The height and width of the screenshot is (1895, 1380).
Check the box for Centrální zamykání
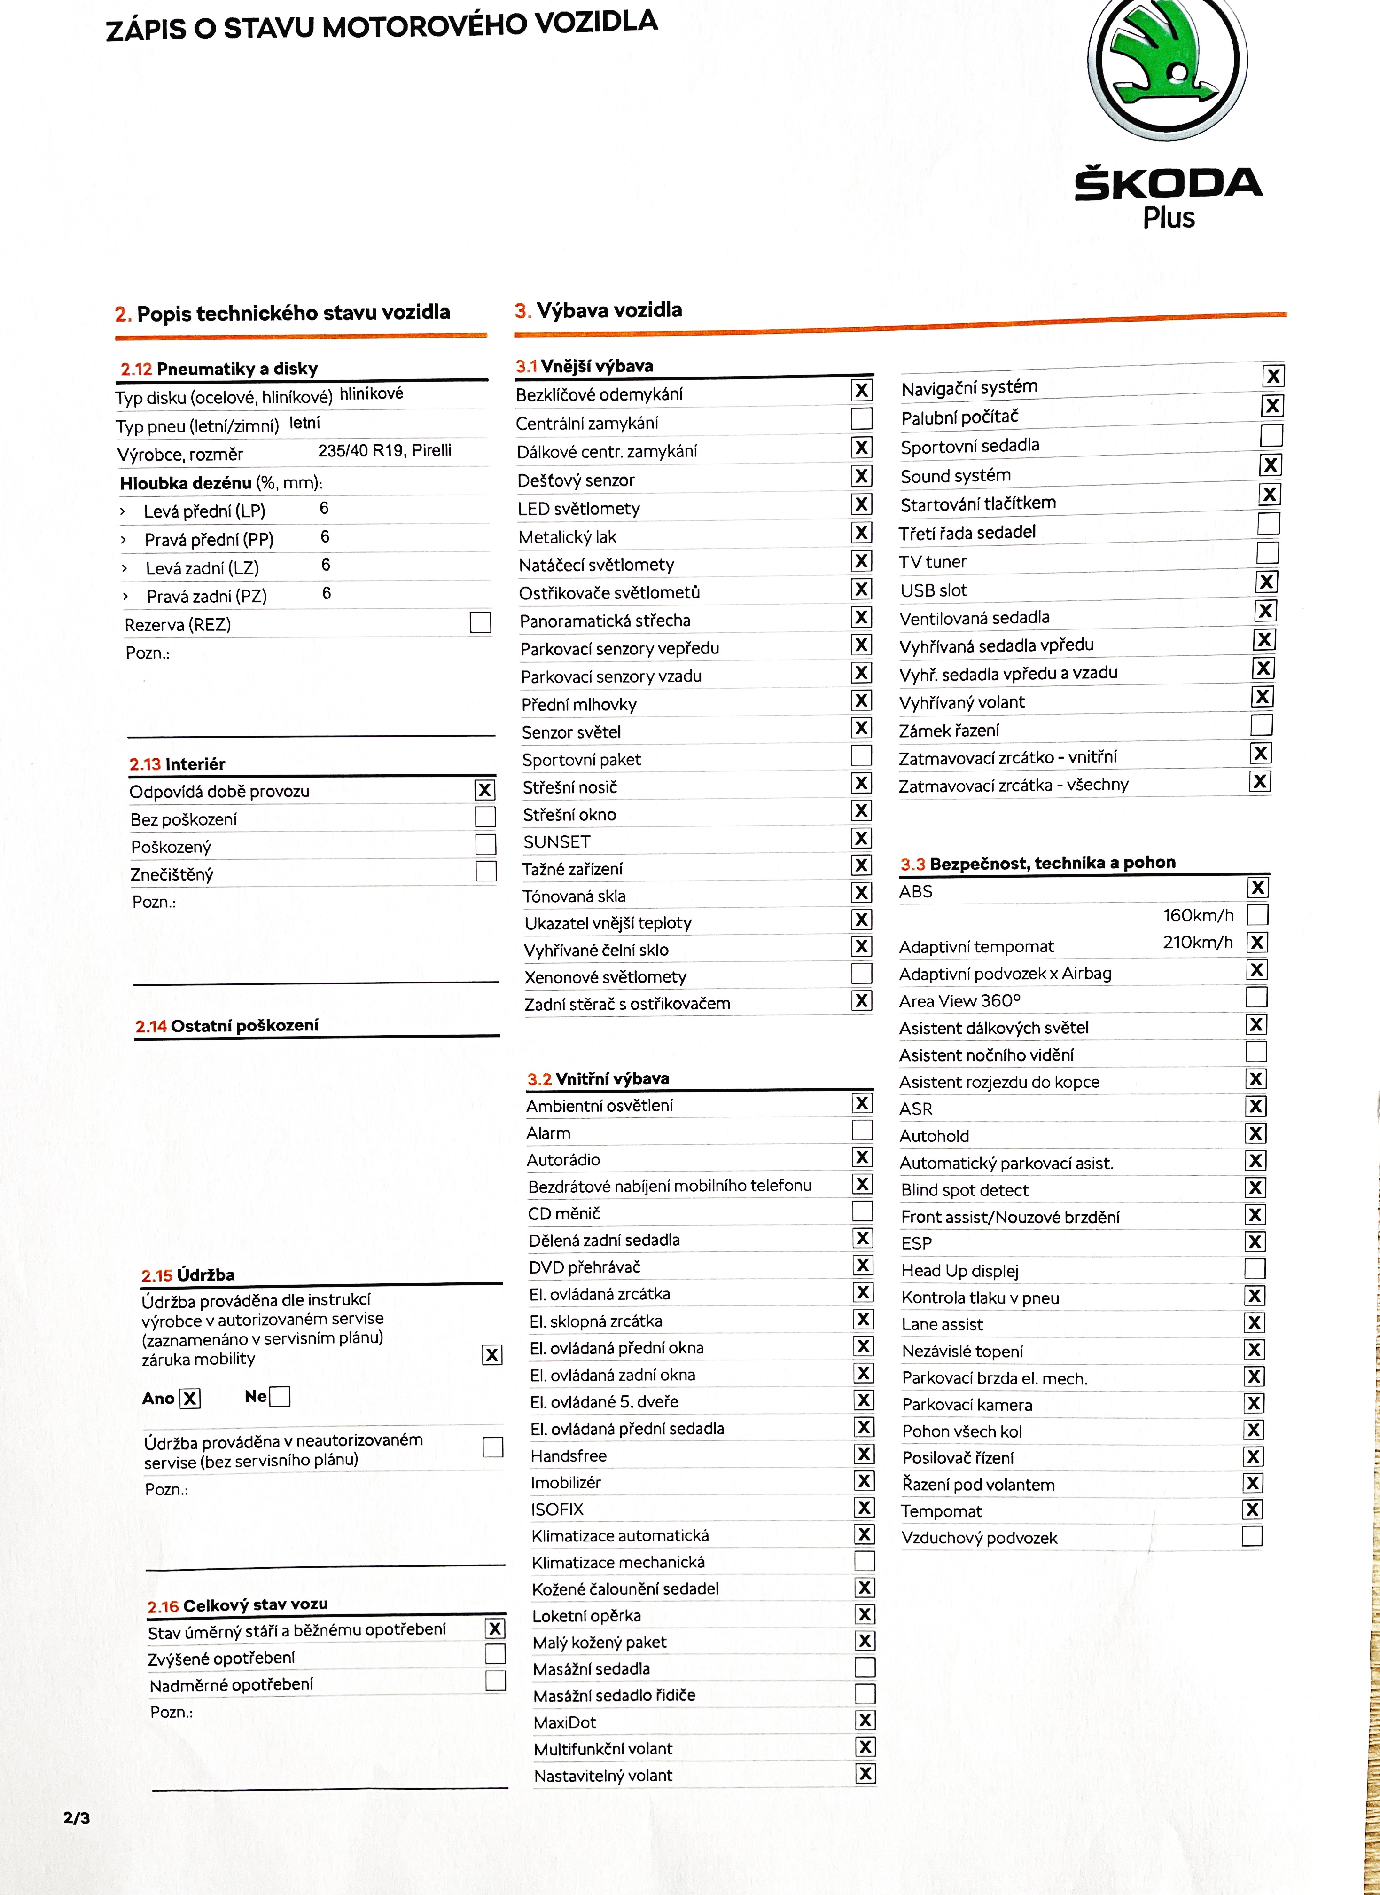[861, 418]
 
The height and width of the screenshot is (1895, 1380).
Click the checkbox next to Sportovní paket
[861, 755]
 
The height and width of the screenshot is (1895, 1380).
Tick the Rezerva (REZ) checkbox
[480, 622]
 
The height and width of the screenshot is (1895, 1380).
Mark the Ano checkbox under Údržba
[190, 1399]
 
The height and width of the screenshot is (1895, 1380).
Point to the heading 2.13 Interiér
[177, 763]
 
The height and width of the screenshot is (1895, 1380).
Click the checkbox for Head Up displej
[1255, 1268]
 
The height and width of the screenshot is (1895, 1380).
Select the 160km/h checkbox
[1257, 915]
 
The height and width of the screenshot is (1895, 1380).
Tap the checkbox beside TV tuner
[1268, 552]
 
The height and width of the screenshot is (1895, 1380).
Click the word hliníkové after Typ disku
[371, 393]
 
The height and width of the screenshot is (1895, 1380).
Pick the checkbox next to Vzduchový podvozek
[1252, 1536]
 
